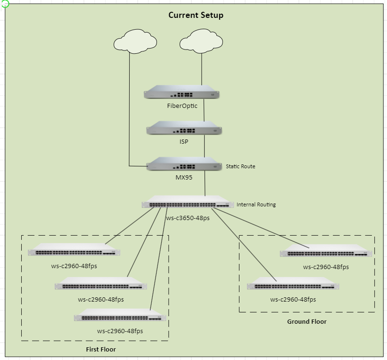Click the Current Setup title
pos(196,15)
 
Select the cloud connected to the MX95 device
pos(135,41)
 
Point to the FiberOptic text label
pos(182,106)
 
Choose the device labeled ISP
pos(184,128)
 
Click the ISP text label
pos(184,141)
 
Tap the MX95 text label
pos(184,178)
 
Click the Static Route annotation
pos(240,166)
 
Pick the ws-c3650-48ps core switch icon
pos(188,203)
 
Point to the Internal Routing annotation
pos(256,205)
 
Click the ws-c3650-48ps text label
pos(188,218)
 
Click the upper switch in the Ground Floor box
pos(326,251)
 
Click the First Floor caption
pos(101,349)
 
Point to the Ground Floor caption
pos(307,321)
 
